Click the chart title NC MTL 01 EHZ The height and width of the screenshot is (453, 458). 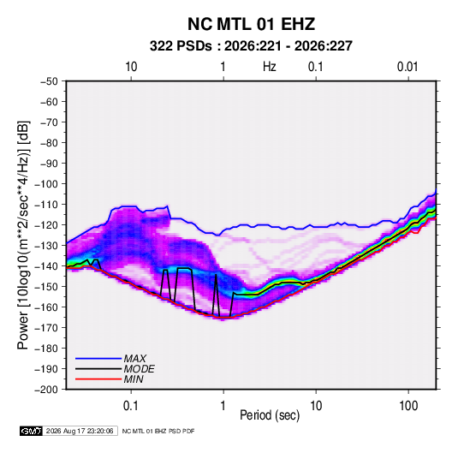click(x=251, y=24)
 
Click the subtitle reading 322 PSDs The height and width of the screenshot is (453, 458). click(x=181, y=46)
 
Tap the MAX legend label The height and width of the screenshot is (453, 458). click(x=135, y=359)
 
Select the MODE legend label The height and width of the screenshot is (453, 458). click(x=139, y=369)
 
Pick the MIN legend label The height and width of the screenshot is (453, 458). click(x=134, y=379)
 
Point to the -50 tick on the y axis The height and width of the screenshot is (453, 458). click(x=49, y=81)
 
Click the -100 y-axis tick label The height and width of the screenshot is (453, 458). click(x=46, y=184)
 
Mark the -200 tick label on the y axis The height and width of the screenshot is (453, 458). click(x=46, y=390)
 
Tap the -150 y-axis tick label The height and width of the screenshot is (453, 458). click(x=46, y=286)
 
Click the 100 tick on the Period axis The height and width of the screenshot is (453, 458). click(x=408, y=406)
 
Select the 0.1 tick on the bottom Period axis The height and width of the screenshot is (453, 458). click(x=131, y=406)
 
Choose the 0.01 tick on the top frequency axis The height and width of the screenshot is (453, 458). click(x=407, y=67)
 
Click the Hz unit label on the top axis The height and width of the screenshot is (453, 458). click(x=270, y=67)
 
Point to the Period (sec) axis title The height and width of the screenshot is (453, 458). click(x=270, y=415)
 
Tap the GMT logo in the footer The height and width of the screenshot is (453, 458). click(x=32, y=431)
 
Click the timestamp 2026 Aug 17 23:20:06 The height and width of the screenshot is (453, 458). click(x=80, y=431)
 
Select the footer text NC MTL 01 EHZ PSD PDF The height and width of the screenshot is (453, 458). click(x=158, y=431)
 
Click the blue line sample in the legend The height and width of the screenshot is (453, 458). click(x=98, y=359)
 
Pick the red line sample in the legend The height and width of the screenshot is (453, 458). click(x=98, y=379)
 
